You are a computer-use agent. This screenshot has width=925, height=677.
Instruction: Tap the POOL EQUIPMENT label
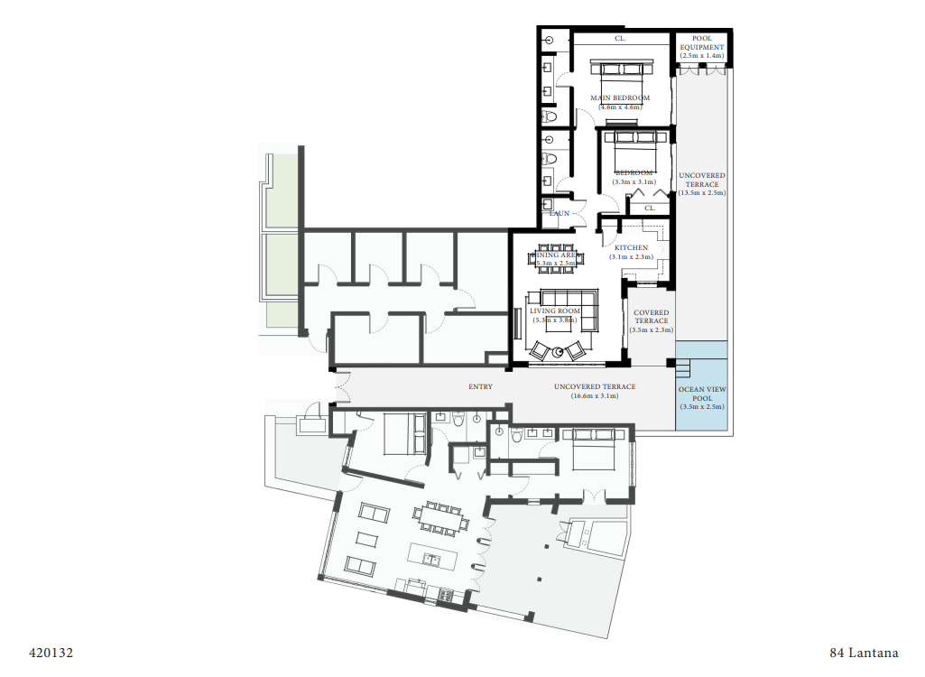point(702,42)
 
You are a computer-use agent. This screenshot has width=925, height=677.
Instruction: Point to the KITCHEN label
point(631,248)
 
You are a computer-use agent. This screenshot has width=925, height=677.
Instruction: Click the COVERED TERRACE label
point(651,317)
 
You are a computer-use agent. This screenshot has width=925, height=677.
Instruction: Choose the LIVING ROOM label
point(555,311)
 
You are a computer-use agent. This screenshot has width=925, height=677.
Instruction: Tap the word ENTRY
point(480,387)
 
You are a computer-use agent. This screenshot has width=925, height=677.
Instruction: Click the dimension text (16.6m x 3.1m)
point(594,396)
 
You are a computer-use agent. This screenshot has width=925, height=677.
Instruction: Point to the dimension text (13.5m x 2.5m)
point(702,193)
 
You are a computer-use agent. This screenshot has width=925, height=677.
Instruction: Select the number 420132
point(51,652)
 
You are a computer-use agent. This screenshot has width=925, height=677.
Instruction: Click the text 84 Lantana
point(864,652)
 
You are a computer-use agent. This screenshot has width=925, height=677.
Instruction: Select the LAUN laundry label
point(560,213)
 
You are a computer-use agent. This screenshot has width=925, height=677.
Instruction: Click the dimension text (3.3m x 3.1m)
point(633,181)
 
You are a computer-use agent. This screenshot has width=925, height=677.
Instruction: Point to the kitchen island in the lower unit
point(434,552)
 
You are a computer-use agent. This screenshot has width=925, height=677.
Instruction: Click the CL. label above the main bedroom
point(620,39)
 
